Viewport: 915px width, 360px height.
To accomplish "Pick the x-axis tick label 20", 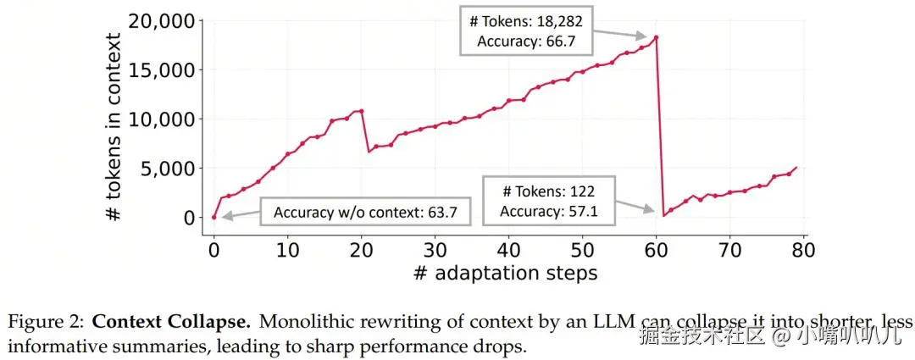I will pyautogui.click(x=361, y=251).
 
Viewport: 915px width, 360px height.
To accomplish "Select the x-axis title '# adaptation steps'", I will pyautogui.click(x=506, y=273).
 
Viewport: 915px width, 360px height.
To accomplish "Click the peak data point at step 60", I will pyautogui.click(x=656, y=37).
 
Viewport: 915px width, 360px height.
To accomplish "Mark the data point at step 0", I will pyautogui.click(x=213, y=217).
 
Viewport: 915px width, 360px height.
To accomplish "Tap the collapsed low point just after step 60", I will pyautogui.click(x=663, y=215).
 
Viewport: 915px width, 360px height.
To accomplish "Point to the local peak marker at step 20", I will pyautogui.click(x=362, y=111).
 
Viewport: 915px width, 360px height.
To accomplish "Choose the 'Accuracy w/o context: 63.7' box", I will pyautogui.click(x=365, y=212).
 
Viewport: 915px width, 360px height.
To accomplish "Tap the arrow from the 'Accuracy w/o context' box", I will pyautogui.click(x=241, y=213).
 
